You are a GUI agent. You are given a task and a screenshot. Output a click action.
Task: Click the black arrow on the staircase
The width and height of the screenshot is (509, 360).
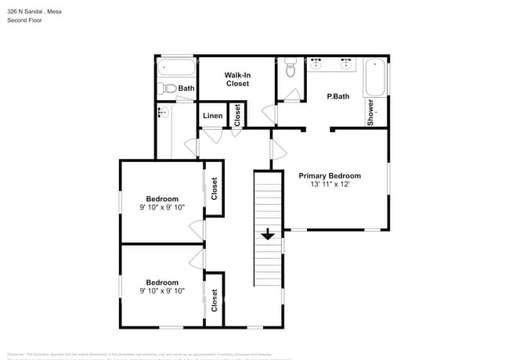coord(268,233)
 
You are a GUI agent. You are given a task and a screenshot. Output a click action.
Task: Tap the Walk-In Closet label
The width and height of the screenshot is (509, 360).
coord(237,79)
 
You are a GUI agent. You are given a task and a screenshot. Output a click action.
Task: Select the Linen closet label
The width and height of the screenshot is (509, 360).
coord(212,117)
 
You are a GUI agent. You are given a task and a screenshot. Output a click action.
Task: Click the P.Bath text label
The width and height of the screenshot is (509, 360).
coord(338,96)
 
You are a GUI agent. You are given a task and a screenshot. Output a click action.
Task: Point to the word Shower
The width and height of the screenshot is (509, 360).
coord(371,112)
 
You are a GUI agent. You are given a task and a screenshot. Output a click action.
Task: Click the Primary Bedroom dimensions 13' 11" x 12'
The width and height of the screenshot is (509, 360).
coord(330,185)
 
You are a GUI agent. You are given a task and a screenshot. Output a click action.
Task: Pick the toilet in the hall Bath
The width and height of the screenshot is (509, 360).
coord(165,88)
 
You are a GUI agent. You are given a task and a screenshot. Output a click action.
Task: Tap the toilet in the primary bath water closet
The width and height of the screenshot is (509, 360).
coord(290,69)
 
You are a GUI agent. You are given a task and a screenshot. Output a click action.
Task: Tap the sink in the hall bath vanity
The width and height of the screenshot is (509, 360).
coord(163,112)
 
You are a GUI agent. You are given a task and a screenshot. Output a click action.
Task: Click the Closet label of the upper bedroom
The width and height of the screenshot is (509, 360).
coord(214,189)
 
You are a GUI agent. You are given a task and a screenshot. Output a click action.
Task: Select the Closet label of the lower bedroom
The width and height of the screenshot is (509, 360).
coord(214,301)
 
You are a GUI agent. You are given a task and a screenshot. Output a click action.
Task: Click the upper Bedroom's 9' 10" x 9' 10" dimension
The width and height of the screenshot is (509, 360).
coord(162,207)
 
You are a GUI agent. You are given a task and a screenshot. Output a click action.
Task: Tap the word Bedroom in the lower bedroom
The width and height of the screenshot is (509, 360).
coord(162,282)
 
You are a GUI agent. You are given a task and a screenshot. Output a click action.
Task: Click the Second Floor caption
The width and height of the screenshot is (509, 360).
coord(24,20)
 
